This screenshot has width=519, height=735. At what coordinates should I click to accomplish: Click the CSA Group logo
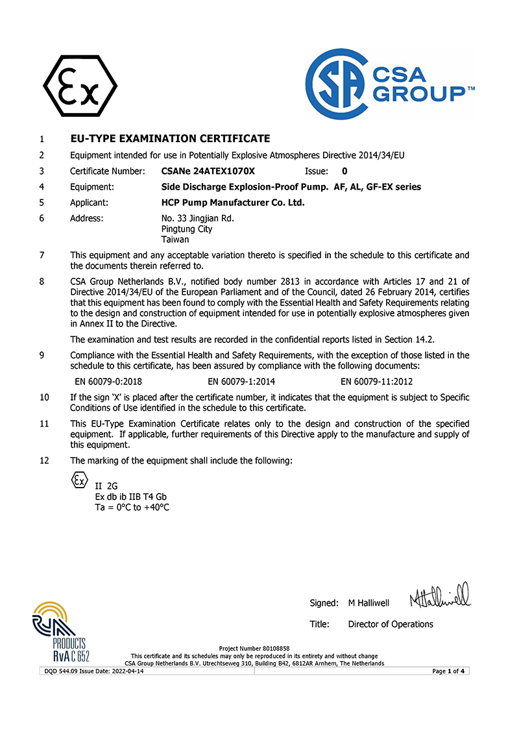click(x=390, y=84)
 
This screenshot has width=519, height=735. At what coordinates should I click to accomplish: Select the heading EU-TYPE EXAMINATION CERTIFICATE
click(x=170, y=138)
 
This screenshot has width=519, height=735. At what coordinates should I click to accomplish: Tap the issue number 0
click(x=344, y=171)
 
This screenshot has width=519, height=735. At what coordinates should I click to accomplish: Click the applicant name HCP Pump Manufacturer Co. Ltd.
click(x=232, y=203)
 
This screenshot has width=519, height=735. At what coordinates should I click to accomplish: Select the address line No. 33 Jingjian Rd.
click(x=197, y=218)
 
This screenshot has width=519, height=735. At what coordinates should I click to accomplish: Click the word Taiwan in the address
click(x=175, y=239)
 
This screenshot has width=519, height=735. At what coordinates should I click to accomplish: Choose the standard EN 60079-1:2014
click(x=241, y=382)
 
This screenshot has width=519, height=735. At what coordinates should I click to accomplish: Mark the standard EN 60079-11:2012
click(x=376, y=382)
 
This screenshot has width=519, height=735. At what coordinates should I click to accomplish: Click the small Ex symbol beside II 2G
click(x=78, y=481)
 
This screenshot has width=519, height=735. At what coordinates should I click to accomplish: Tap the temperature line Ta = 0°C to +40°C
click(x=132, y=507)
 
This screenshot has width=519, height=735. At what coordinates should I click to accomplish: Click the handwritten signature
click(x=439, y=595)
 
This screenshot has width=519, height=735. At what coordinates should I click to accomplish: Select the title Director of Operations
click(x=391, y=624)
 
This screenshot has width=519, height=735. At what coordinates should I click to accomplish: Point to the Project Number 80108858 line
click(x=254, y=649)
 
